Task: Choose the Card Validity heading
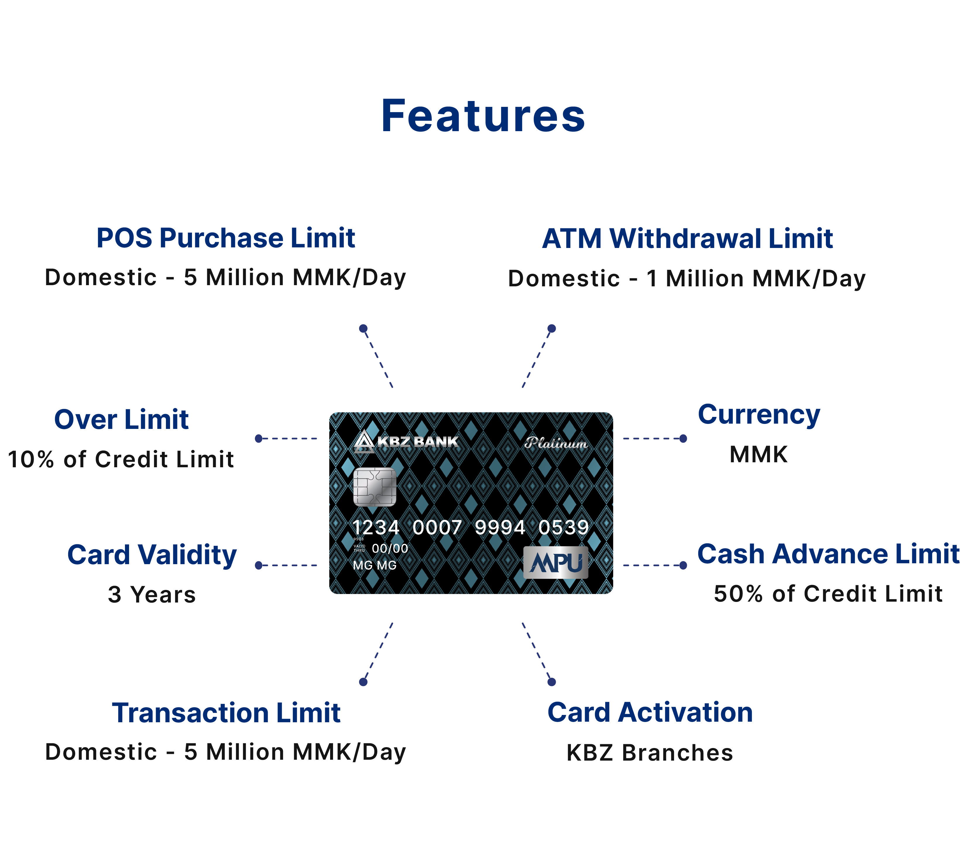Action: [x=152, y=555]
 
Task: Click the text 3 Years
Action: [x=152, y=595]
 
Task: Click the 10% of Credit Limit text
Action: [x=121, y=459]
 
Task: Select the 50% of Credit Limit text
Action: [x=828, y=594]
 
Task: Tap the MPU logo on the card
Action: [x=555, y=562]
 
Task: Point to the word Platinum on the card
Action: [x=555, y=443]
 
